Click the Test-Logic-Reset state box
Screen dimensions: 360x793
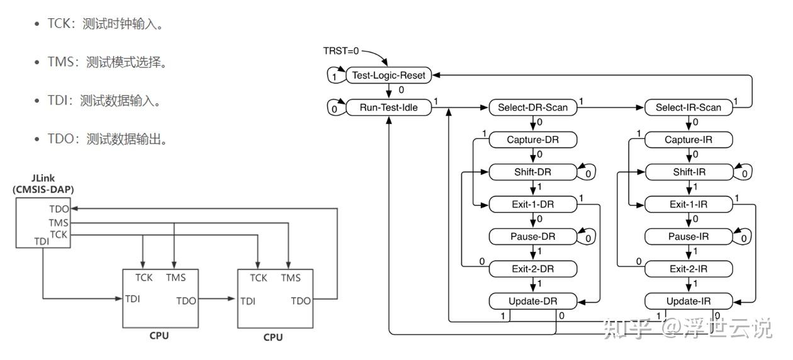(388, 76)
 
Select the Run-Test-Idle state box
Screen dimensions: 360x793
(388, 108)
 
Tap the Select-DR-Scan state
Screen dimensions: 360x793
(532, 108)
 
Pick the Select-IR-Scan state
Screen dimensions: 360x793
(689, 108)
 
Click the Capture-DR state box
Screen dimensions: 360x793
(532, 140)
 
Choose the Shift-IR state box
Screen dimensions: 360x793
(689, 172)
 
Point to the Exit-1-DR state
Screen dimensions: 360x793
(532, 205)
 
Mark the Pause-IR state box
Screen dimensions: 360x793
(689, 237)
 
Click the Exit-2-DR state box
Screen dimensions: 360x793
(532, 269)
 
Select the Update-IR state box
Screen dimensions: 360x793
(689, 301)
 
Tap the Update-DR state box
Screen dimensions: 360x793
(532, 301)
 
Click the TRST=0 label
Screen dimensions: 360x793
(341, 50)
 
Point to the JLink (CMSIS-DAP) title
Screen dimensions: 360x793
(43, 183)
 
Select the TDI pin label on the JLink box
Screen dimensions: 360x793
(42, 241)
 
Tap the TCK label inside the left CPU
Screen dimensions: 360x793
(144, 278)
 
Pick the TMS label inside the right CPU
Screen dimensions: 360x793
(291, 278)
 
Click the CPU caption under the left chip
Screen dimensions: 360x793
(159, 335)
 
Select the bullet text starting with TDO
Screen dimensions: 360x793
(107, 138)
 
